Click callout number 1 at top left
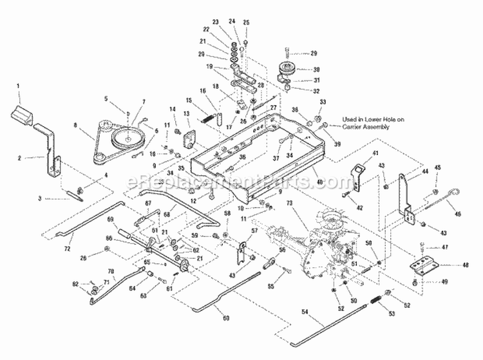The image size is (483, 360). (19, 86)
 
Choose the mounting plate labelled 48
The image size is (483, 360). (426, 263)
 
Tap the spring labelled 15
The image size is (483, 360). (206, 117)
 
